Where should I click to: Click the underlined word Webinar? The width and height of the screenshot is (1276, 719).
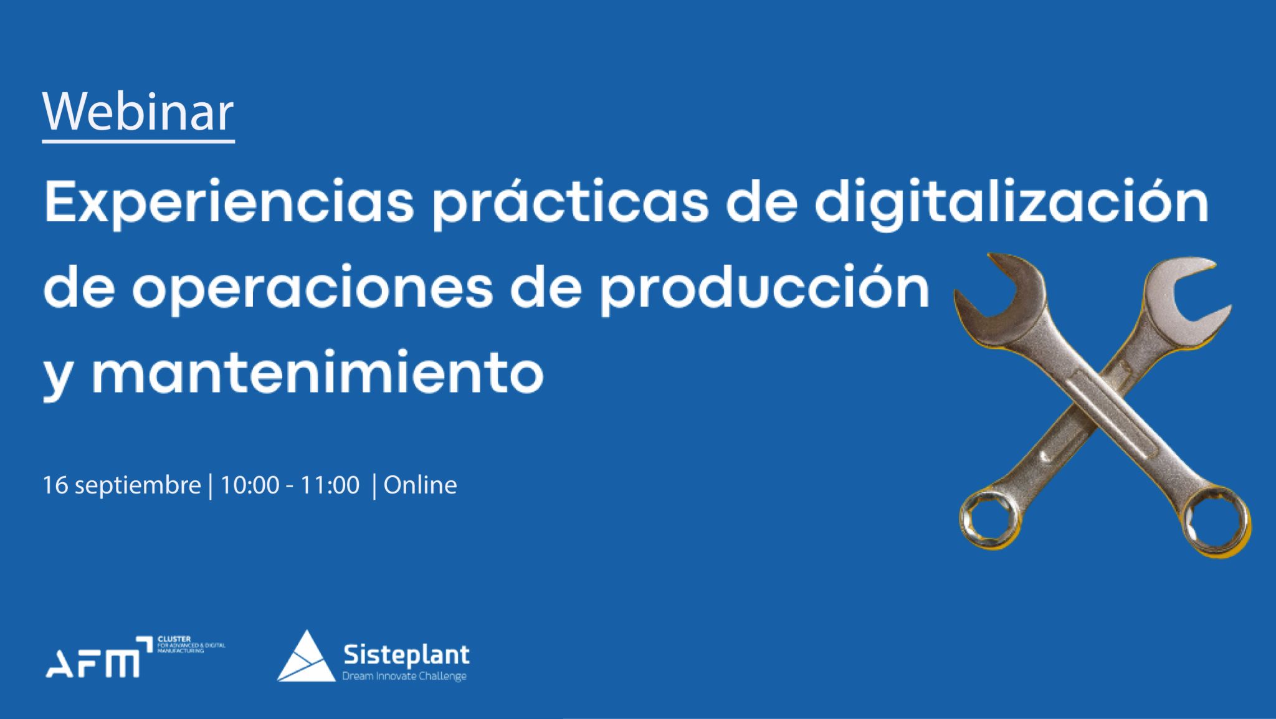(138, 113)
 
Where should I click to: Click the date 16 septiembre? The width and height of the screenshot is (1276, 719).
(122, 485)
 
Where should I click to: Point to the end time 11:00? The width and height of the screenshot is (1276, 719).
(330, 485)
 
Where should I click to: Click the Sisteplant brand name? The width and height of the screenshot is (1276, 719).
(406, 655)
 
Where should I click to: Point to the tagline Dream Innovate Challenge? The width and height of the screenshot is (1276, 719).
(404, 676)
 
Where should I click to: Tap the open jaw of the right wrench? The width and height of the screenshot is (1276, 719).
(1184, 287)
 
